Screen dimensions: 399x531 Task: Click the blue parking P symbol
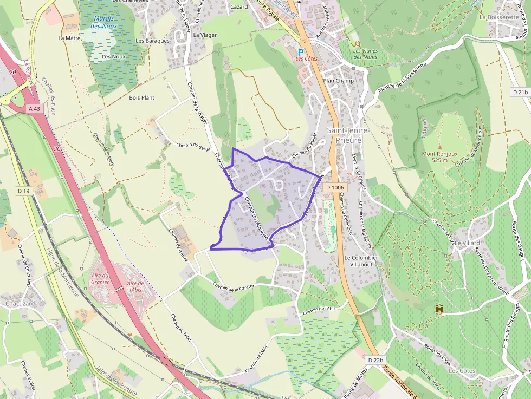301,52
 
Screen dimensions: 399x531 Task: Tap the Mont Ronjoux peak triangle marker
439,147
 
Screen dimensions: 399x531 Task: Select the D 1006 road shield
335,187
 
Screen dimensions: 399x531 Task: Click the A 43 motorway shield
34,109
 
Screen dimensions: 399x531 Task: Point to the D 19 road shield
23,191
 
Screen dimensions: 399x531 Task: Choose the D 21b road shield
520,93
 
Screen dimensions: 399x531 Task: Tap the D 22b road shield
375,360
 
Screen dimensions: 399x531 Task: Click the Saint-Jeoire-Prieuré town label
348,135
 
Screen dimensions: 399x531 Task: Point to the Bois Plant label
141,98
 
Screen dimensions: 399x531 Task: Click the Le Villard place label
468,243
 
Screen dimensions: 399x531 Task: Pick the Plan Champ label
338,81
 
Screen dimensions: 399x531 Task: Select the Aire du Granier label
100,278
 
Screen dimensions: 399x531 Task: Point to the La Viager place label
205,35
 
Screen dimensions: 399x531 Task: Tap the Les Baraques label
153,41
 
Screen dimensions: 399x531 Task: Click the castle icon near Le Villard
439,309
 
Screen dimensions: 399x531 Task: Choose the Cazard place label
239,7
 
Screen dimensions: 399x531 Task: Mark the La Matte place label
69,38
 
